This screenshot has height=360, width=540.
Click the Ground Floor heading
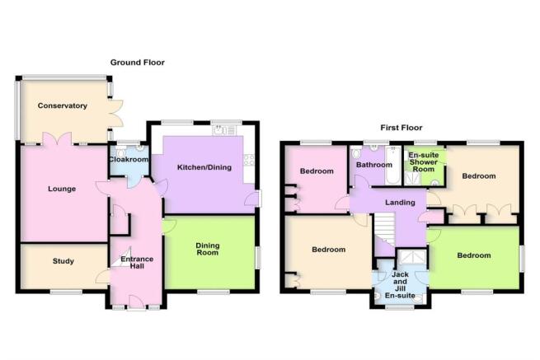(138, 62)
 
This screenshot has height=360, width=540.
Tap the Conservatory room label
(62, 105)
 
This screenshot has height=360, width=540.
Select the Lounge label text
(62, 189)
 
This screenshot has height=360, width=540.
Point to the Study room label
(63, 261)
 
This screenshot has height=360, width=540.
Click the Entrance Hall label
(136, 264)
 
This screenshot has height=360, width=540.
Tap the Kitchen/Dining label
(203, 166)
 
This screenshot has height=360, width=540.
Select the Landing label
(387, 203)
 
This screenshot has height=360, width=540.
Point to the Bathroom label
(373, 165)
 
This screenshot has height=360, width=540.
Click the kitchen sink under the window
(220, 130)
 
